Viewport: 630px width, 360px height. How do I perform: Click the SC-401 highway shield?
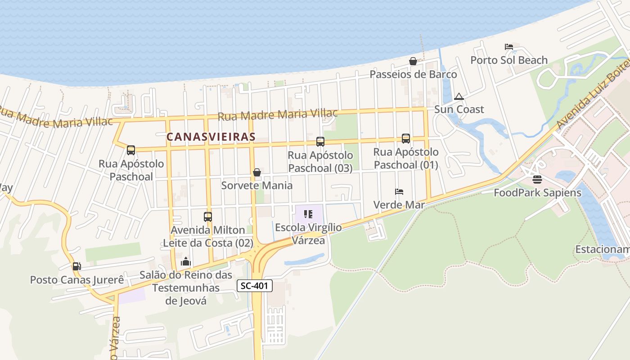coord(255,286)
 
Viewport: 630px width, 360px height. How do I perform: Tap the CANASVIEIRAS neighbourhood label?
coord(211,136)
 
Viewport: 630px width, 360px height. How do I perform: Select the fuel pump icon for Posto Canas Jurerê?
coord(77,266)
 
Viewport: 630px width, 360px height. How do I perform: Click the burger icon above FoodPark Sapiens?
coord(537,180)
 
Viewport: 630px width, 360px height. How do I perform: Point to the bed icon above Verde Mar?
coord(399,192)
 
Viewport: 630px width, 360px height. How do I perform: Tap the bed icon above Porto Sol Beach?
coord(509,47)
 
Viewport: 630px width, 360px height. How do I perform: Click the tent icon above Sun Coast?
coord(459,96)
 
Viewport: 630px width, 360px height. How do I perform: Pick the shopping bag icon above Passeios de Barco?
coord(413,61)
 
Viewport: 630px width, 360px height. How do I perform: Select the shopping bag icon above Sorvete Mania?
coord(256,172)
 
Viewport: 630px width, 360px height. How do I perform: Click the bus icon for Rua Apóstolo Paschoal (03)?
coord(320,142)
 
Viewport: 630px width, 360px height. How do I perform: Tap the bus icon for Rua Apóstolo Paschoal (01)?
coord(406,139)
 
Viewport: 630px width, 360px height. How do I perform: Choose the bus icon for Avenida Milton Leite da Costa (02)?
coord(208,217)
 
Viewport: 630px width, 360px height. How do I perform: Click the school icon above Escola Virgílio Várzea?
coord(308,214)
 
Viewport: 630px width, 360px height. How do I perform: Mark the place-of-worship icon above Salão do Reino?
coord(186,261)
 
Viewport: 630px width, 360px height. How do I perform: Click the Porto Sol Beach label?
coord(509,60)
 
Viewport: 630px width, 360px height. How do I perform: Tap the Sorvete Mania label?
coord(256,185)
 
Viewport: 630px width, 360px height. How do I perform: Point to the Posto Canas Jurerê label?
coord(77,280)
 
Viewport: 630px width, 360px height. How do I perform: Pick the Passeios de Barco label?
coord(413,74)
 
